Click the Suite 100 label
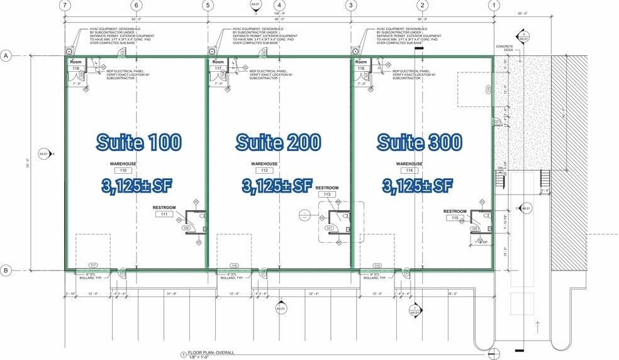pyautogui.click(x=139, y=142)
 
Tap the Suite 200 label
pyautogui.click(x=279, y=142)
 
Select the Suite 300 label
pyautogui.click(x=420, y=142)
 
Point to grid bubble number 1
pyautogui.click(x=494, y=6)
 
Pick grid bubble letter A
pyautogui.click(x=6, y=56)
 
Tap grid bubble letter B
pyautogui.click(x=6, y=271)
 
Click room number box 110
pyautogui.click(x=123, y=171)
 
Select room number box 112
pyautogui.click(x=264, y=171)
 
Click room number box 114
pyautogui.click(x=409, y=171)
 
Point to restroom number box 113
pyautogui.click(x=327, y=194)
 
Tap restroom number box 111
pyautogui.click(x=164, y=215)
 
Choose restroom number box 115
pyautogui.click(x=455, y=218)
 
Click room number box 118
pyautogui.click(x=76, y=69)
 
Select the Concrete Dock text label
pyautogui.click(x=505, y=48)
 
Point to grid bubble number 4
pyautogui.click(x=279, y=6)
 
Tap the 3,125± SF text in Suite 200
pyautogui.click(x=277, y=186)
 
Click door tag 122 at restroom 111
pyautogui.click(x=186, y=228)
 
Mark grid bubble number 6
pyautogui.click(x=137, y=6)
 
